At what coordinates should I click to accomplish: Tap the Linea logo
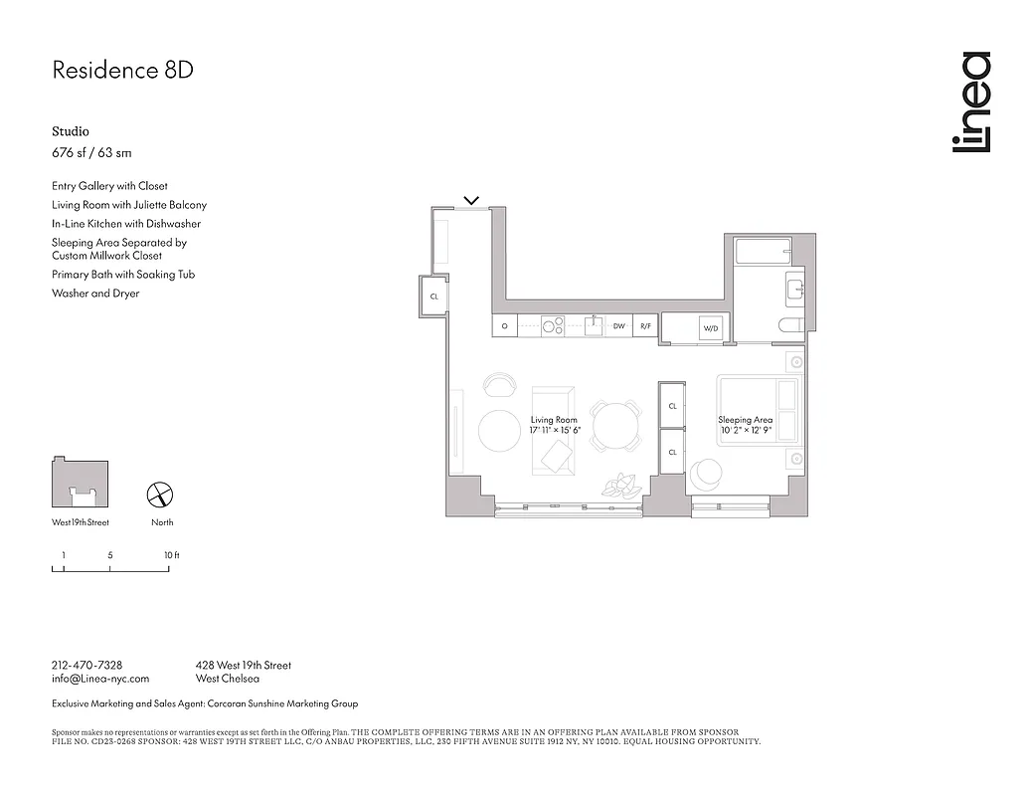coord(970,102)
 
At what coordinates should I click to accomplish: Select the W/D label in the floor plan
coord(711,327)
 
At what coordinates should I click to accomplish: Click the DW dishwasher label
coord(618,325)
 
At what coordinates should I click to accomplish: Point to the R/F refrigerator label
coord(645,325)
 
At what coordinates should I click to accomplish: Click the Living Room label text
coord(554,421)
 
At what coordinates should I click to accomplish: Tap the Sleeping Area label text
coord(746,421)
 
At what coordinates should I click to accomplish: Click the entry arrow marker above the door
coord(472,200)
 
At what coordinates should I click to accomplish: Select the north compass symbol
coord(161,495)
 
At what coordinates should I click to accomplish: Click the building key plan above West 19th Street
coord(80,483)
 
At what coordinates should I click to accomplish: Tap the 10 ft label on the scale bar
coord(171,555)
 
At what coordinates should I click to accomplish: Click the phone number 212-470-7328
coord(86,665)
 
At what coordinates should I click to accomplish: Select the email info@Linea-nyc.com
coord(99,679)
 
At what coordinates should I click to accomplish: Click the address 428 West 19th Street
coord(244,665)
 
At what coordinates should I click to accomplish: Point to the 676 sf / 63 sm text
coord(91,153)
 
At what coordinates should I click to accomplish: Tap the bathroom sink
coord(794,289)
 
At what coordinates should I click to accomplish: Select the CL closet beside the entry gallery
coord(434,297)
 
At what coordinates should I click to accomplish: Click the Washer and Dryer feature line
coord(95,294)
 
